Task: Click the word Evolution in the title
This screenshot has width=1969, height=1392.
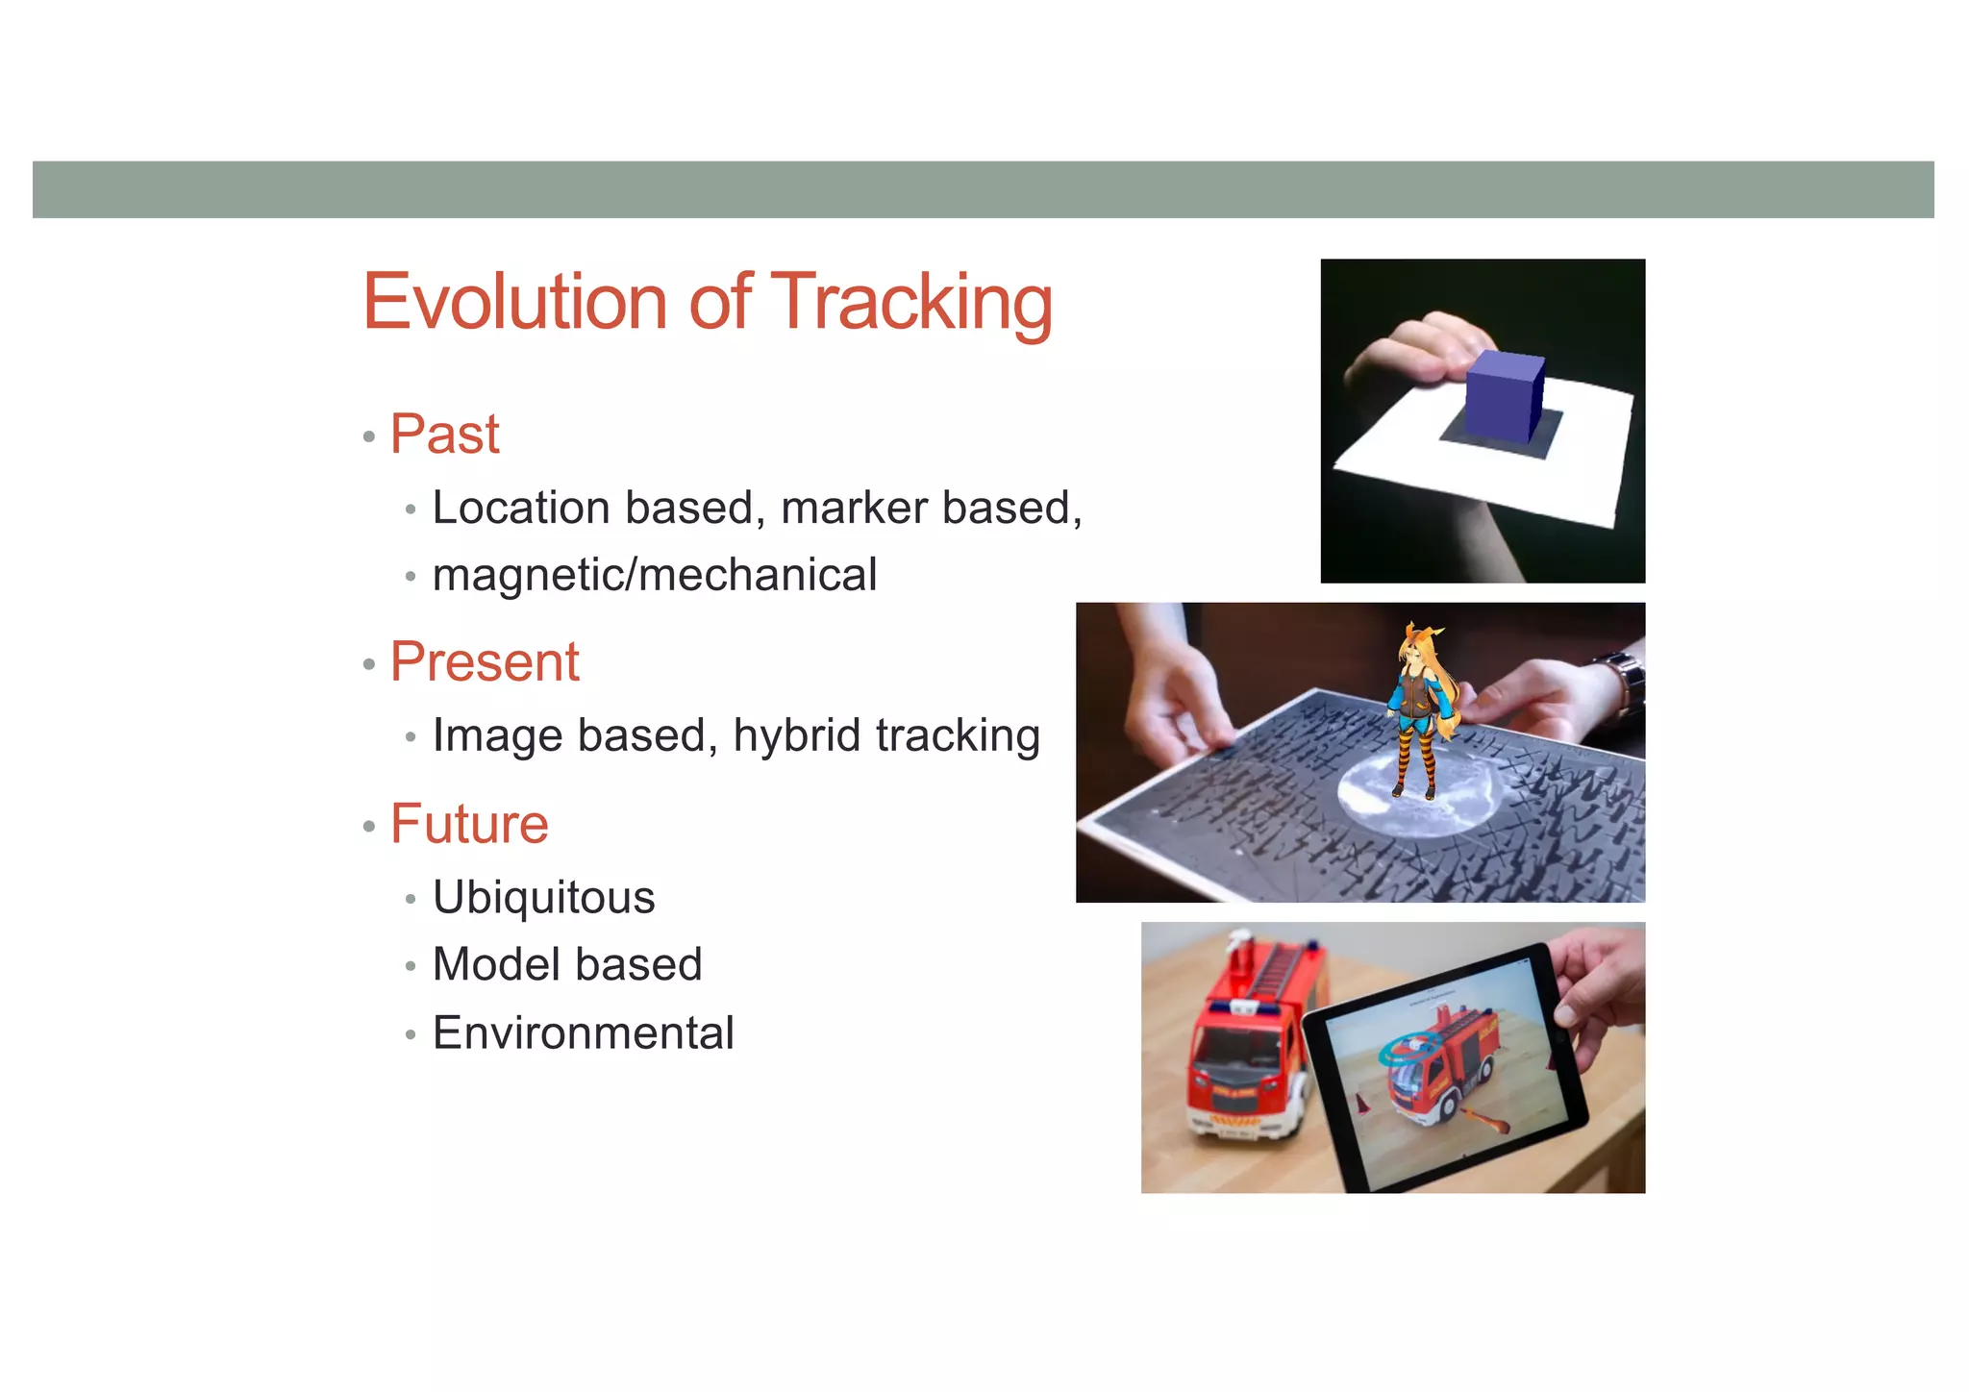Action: pyautogui.click(x=514, y=302)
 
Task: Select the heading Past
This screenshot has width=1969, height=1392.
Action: pyautogui.click(x=444, y=434)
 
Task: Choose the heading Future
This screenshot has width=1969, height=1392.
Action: pyautogui.click(x=468, y=824)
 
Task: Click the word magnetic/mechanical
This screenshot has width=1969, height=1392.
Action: pyautogui.click(x=654, y=575)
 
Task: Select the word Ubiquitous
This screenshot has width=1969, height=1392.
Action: pyautogui.click(x=543, y=897)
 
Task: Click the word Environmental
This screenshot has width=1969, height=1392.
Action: pyautogui.click(x=583, y=1033)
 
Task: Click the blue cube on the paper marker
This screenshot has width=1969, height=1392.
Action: pyautogui.click(x=1505, y=396)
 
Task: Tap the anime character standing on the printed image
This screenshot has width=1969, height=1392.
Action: pyautogui.click(x=1421, y=707)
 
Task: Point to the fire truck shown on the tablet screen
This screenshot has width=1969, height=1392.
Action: pyautogui.click(x=1442, y=1067)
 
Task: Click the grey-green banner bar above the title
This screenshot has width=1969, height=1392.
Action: pyautogui.click(x=983, y=189)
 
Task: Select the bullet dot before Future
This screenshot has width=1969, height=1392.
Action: pyautogui.click(x=369, y=826)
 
